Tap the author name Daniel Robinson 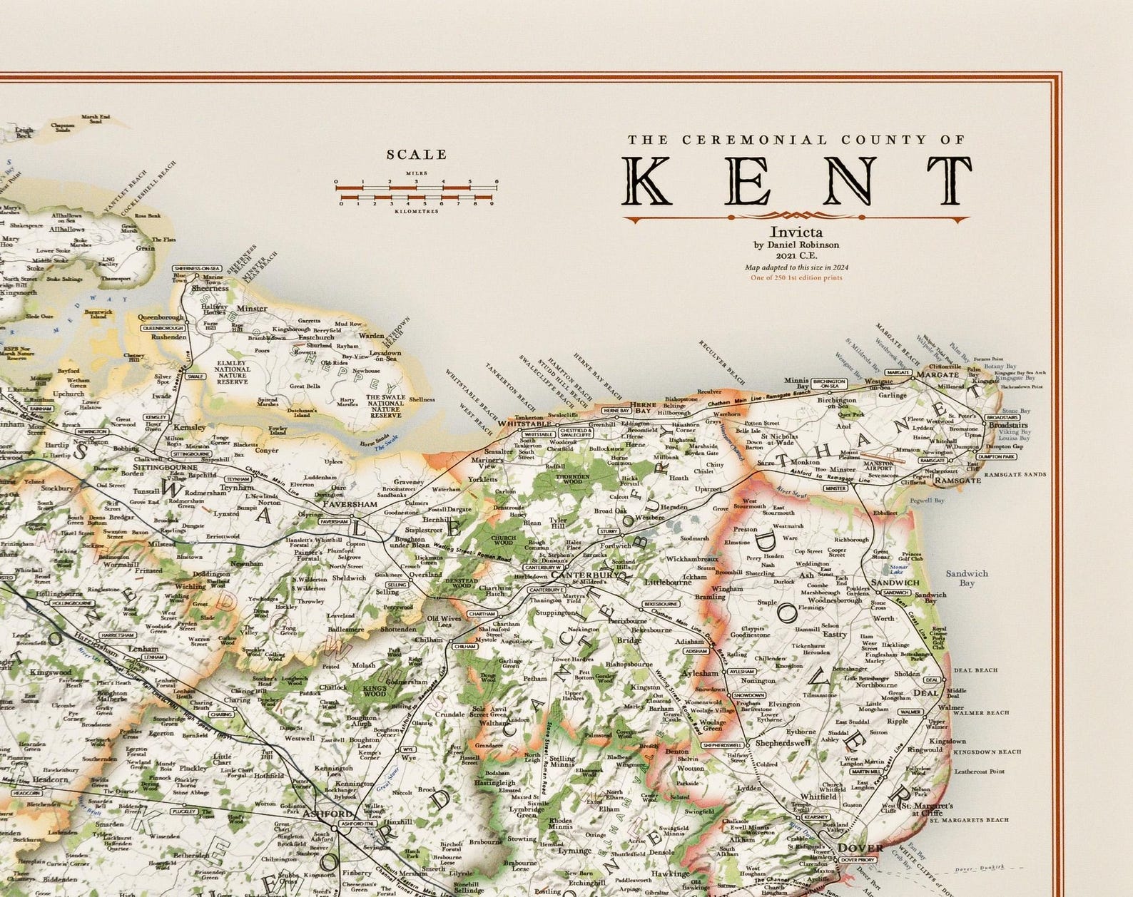coord(803,245)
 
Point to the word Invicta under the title coord(796,232)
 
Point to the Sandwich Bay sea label coord(967,578)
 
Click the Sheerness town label coord(209,288)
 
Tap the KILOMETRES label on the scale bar coord(417,212)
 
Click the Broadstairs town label coord(1008,424)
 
